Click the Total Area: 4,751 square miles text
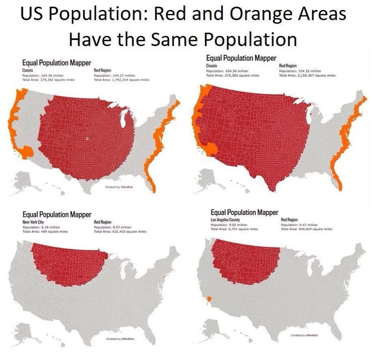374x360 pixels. coord(234,229)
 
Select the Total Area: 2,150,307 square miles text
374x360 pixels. coord(307,75)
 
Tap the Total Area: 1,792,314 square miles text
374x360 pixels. coord(121,79)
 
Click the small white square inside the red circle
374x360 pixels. coord(86,138)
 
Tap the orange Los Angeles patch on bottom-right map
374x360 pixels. coord(209,298)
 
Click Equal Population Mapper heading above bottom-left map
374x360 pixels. coord(57,215)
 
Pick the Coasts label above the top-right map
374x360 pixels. coord(212,66)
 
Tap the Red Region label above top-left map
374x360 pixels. coord(103,71)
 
